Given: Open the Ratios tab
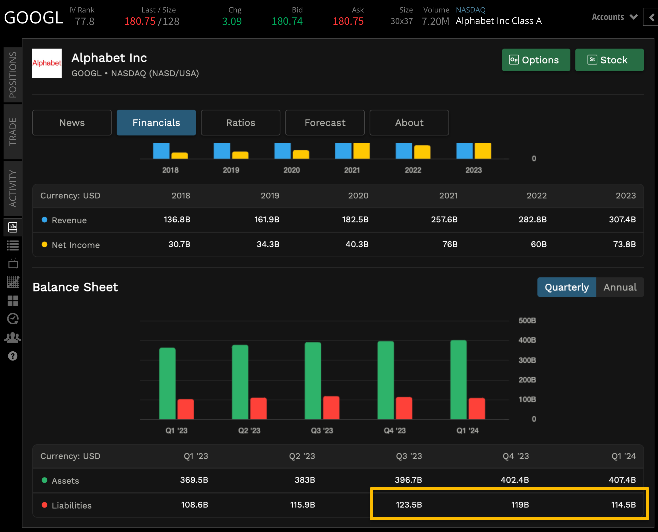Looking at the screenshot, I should pyautogui.click(x=240, y=123).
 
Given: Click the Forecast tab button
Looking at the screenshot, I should pyautogui.click(x=325, y=123).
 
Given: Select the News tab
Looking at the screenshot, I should pyautogui.click(x=72, y=123).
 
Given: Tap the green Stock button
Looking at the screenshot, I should pyautogui.click(x=609, y=60).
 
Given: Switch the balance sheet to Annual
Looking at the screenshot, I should pyautogui.click(x=620, y=287).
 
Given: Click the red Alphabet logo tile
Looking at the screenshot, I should pyautogui.click(x=47, y=63).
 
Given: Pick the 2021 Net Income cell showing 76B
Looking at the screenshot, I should pyautogui.click(x=449, y=244).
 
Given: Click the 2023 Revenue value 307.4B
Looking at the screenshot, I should pyautogui.click(x=622, y=219).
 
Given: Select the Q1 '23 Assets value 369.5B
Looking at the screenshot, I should pyautogui.click(x=194, y=480).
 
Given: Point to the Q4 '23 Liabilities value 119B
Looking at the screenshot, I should pyautogui.click(x=520, y=505).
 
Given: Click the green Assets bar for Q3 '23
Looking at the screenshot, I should pyautogui.click(x=313, y=381).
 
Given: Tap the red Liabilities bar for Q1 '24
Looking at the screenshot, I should pyautogui.click(x=476, y=408).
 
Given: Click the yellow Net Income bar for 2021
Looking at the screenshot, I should pyautogui.click(x=361, y=151).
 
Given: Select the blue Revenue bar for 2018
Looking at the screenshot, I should pyautogui.click(x=161, y=151).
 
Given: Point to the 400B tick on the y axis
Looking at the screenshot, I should pyautogui.click(x=527, y=340).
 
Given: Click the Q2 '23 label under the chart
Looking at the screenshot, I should pyautogui.click(x=249, y=431).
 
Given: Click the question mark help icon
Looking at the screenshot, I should pyautogui.click(x=12, y=356).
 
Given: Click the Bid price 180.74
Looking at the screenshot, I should pyautogui.click(x=287, y=21).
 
